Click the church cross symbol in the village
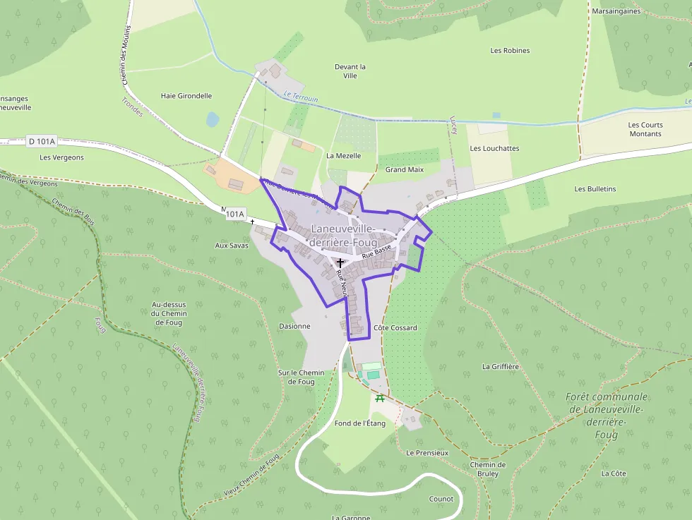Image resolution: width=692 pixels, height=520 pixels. pyautogui.click(x=340, y=262)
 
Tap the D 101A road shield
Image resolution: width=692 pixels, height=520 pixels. pyautogui.click(x=42, y=141)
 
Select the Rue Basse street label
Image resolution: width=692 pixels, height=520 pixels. pyautogui.click(x=376, y=252)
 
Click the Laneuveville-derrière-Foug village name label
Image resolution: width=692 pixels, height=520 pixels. pyautogui.click(x=345, y=234)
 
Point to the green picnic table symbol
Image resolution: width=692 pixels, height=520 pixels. pyautogui.click(x=380, y=399)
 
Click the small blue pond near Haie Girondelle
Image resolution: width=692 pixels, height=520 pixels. pyautogui.click(x=213, y=120)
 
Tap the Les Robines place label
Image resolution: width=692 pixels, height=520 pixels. pyautogui.click(x=510, y=51)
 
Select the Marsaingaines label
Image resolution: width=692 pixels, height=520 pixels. pyautogui.click(x=616, y=11)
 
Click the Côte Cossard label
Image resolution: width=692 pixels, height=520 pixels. pyautogui.click(x=395, y=328)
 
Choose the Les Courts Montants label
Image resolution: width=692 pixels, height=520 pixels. pyautogui.click(x=645, y=129)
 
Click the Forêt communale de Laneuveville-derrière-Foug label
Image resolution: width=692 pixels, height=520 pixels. pyautogui.click(x=607, y=416)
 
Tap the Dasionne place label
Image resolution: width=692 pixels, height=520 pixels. pyautogui.click(x=294, y=327)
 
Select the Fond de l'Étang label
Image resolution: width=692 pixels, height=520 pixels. pyautogui.click(x=360, y=423)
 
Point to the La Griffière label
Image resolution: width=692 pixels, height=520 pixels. pyautogui.click(x=501, y=367)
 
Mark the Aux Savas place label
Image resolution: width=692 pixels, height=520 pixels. pyautogui.click(x=232, y=246)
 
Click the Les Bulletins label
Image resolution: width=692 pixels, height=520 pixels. pyautogui.click(x=595, y=189)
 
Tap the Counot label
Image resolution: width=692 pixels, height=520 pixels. pyautogui.click(x=441, y=499)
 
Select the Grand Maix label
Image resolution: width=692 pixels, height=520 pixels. pyautogui.click(x=405, y=170)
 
